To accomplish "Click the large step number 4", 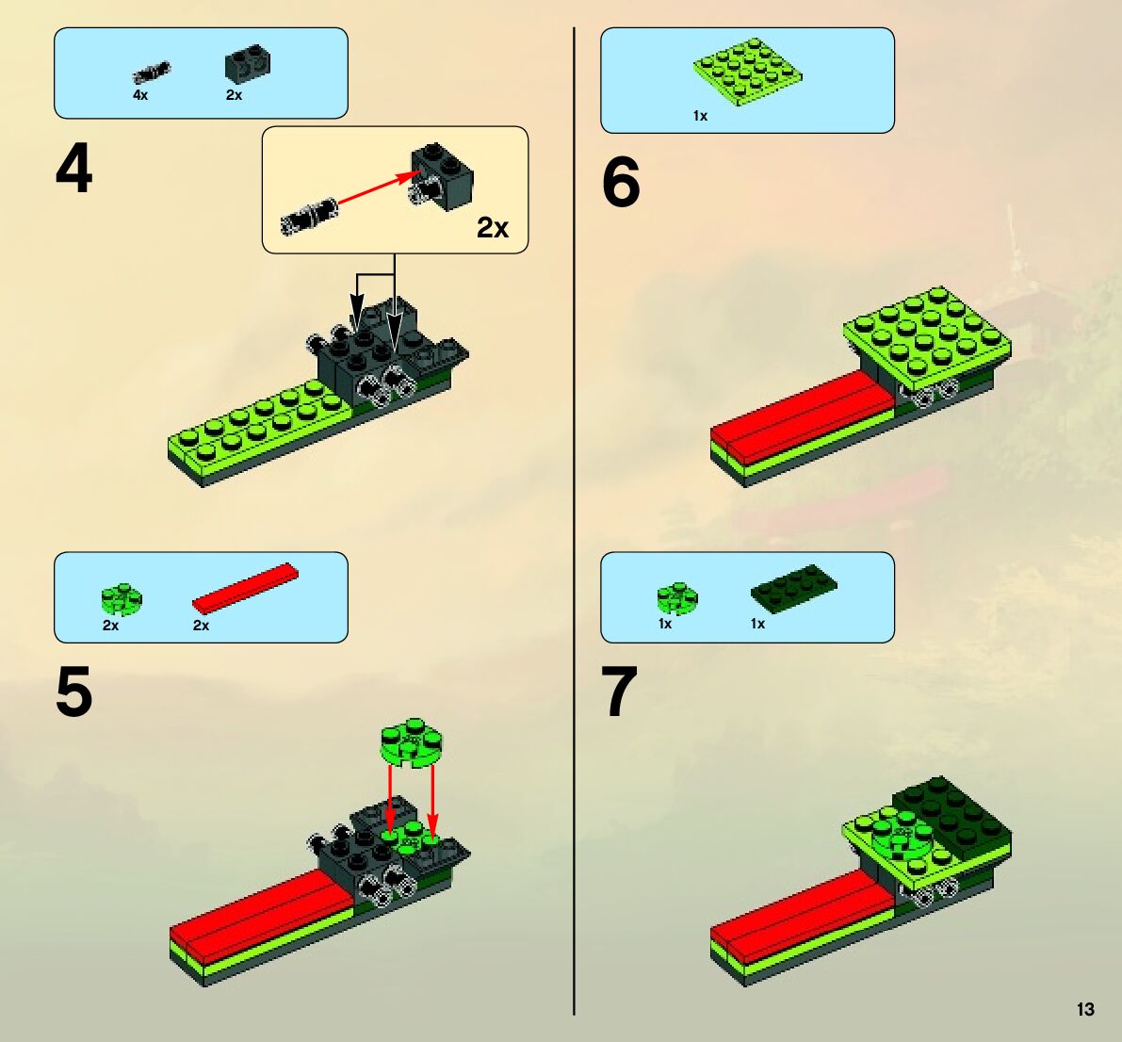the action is coord(73,169).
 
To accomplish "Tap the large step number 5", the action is coord(73,692).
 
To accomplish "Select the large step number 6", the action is coord(621,183).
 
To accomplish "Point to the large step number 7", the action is coord(620,692).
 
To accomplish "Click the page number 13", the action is coord(1085,1009).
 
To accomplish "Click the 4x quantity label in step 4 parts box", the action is coord(140,94).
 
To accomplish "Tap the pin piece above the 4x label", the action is coord(152,72).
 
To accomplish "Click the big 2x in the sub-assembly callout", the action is coord(493,228).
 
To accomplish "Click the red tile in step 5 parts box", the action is coord(246,588).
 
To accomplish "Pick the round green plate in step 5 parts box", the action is coord(122,599).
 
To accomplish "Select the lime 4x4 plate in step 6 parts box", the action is coord(747,73).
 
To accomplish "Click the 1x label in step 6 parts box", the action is coord(700,116).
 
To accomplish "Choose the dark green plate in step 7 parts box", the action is coord(793,588).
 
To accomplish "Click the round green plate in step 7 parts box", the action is coord(677,598).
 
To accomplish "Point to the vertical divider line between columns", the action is coord(574,521).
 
